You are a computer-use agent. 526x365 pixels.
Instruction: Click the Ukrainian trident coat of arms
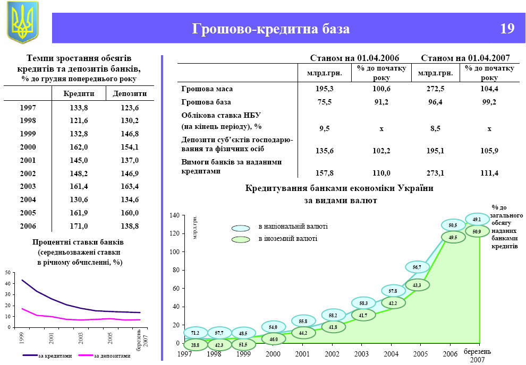click(22, 22)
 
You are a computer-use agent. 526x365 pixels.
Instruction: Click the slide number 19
click(507, 29)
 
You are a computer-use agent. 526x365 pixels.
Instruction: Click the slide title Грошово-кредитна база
click(271, 29)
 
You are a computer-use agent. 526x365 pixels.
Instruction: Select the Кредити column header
click(79, 93)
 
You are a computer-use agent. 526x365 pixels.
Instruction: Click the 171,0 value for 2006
click(79, 225)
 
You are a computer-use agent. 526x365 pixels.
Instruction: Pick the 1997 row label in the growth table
click(28, 108)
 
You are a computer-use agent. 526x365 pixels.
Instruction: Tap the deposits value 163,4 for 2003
click(129, 186)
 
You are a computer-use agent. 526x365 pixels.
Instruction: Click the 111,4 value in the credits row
click(489, 173)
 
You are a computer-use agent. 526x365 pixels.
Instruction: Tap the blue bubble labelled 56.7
click(417, 267)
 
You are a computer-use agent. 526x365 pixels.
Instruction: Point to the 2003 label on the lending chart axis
click(361, 353)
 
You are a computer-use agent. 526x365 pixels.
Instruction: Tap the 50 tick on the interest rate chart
click(7, 272)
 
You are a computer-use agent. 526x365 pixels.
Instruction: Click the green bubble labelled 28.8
click(195, 345)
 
